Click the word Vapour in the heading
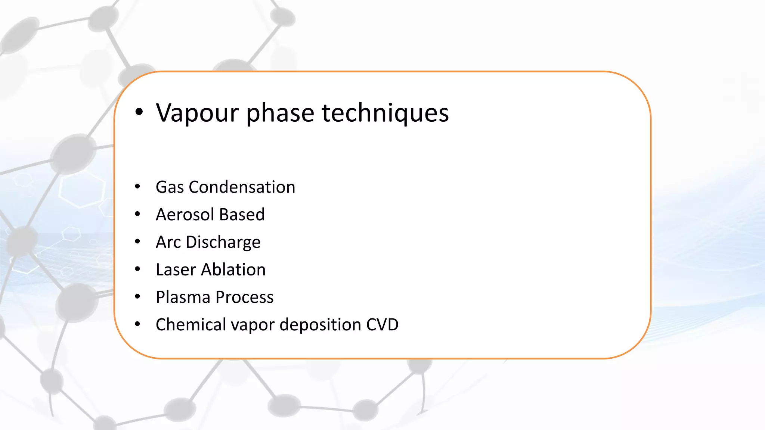(x=197, y=113)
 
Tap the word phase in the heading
(x=280, y=113)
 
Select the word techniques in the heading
(x=385, y=113)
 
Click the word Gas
(x=170, y=187)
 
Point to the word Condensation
(x=242, y=187)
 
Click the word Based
(x=242, y=215)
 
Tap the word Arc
(x=168, y=242)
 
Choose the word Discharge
(x=223, y=242)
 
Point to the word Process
(x=245, y=297)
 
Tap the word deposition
(x=320, y=325)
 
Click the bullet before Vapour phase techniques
(x=139, y=112)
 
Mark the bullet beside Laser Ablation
(x=137, y=269)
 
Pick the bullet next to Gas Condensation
(x=137, y=186)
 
